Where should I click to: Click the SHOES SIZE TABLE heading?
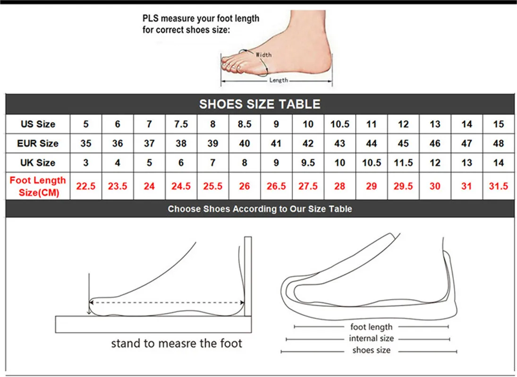(260, 104)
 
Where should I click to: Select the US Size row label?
(38, 124)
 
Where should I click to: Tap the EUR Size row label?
(38, 143)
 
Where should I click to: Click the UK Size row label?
(38, 163)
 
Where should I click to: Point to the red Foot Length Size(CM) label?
(38, 186)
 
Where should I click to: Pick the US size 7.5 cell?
(181, 124)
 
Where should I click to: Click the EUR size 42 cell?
(308, 143)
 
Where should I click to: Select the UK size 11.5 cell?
(403, 163)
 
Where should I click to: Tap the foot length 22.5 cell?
(85, 186)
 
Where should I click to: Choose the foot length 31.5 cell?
(499, 186)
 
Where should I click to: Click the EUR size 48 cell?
(499, 143)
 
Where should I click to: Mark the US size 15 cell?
(499, 124)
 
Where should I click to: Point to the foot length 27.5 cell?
(308, 186)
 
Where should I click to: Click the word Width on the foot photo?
(263, 55)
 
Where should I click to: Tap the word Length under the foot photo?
(279, 81)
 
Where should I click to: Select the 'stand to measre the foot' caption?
(177, 343)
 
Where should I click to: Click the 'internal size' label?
(371, 338)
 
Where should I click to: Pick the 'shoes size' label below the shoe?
(371, 350)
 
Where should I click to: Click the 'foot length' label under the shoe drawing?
(371, 327)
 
